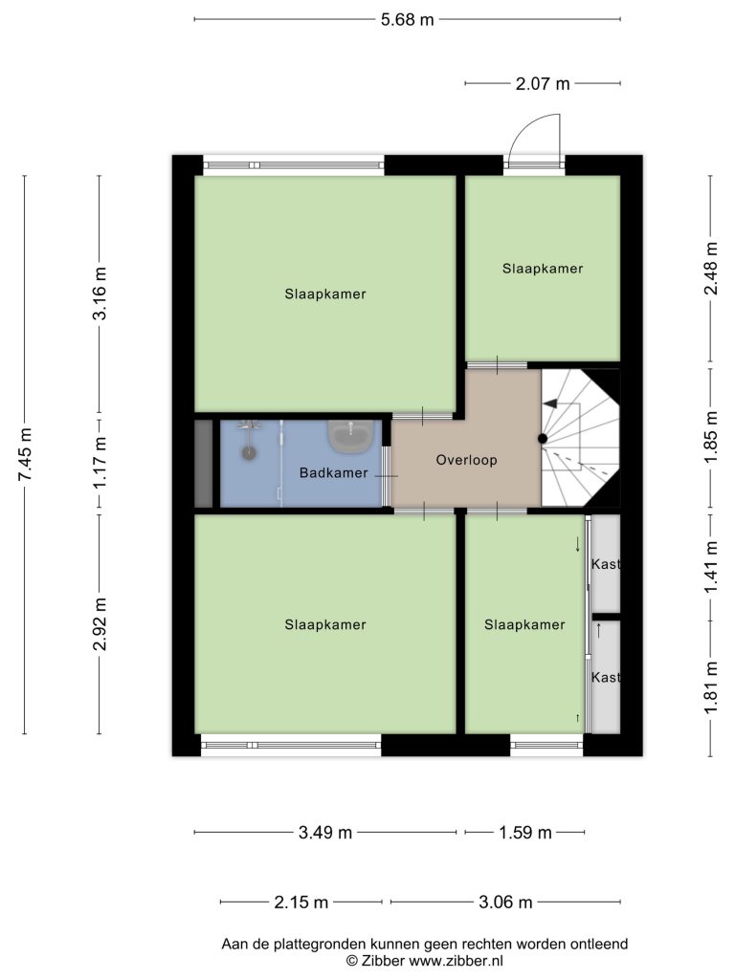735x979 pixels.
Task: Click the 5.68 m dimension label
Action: (407, 19)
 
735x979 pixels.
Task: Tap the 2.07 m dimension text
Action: (543, 83)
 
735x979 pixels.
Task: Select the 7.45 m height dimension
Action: (24, 454)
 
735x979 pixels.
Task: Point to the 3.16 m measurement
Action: (100, 293)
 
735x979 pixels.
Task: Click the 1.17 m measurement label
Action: (100, 463)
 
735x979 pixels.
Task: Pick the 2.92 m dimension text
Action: (100, 623)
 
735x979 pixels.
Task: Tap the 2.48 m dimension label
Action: (711, 268)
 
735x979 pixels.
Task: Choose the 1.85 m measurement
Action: (711, 438)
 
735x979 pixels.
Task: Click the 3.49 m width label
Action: (325, 833)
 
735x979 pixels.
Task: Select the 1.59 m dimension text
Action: (525, 833)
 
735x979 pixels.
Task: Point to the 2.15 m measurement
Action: (301, 903)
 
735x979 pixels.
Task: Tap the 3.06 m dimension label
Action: (505, 903)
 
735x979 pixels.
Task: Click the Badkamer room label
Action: (333, 472)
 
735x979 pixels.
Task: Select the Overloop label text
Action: (466, 460)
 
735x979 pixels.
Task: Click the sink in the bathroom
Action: (351, 436)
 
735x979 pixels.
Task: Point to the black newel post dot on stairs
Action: (543, 439)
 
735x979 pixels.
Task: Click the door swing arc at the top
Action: (528, 128)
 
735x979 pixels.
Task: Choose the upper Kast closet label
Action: (606, 564)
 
